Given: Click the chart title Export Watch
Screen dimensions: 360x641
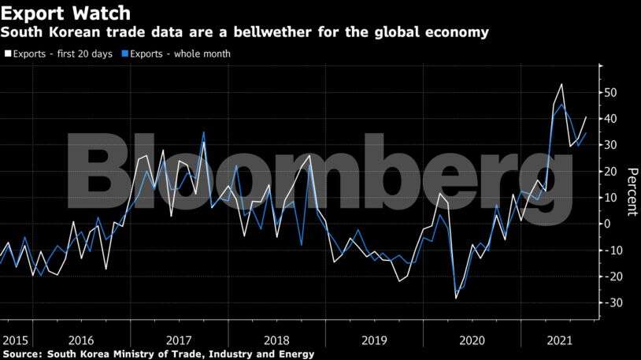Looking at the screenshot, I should coord(65,13).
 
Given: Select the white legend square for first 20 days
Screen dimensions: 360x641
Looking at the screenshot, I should coord(8,54).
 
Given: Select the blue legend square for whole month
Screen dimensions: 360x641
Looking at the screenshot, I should coord(124,54).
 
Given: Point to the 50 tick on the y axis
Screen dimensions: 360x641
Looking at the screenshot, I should coord(611,92).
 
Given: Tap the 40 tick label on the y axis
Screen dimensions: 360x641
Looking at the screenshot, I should coord(611,118).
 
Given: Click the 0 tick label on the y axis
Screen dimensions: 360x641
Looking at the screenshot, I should coord(608,224).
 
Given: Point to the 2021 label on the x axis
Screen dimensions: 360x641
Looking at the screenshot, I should coord(560,340).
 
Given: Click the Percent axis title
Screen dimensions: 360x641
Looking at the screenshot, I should coord(631,191).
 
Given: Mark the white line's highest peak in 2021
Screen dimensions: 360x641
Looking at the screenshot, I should coord(561,84).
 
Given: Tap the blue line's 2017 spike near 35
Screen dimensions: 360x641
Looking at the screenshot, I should coord(203,132).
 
